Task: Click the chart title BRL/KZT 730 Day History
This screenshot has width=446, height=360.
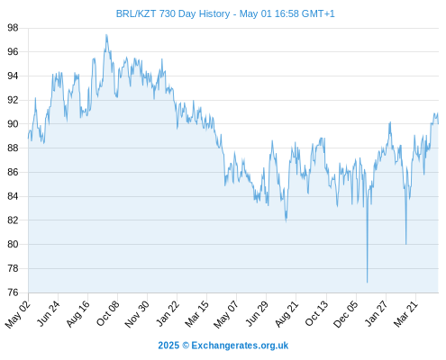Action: [173, 13]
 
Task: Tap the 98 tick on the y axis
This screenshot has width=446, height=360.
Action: [13, 28]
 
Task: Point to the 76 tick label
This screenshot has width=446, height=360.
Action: [13, 292]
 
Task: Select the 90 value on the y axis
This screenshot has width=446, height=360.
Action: [13, 124]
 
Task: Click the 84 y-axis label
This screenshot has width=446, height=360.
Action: [13, 196]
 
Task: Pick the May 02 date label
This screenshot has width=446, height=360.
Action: [18, 314]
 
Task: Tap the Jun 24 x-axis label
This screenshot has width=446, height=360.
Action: [49, 313]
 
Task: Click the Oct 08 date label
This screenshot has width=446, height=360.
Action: [108, 313]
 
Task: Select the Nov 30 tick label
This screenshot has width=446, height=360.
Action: [137, 314]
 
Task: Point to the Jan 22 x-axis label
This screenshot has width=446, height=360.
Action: [168, 313]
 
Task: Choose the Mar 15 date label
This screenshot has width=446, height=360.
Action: [196, 314]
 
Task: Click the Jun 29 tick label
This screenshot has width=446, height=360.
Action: [257, 313]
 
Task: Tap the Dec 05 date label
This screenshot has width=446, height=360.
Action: [346, 314]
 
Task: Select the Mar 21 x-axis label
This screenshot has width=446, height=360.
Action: [405, 314]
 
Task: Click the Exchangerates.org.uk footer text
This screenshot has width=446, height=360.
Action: [240, 346]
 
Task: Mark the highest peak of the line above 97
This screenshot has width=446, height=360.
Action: [106, 35]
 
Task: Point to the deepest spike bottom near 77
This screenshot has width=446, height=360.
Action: [367, 283]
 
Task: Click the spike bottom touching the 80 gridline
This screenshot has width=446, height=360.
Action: [405, 244]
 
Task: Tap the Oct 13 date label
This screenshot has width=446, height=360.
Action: [316, 313]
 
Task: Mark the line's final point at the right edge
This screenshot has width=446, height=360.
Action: [438, 123]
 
